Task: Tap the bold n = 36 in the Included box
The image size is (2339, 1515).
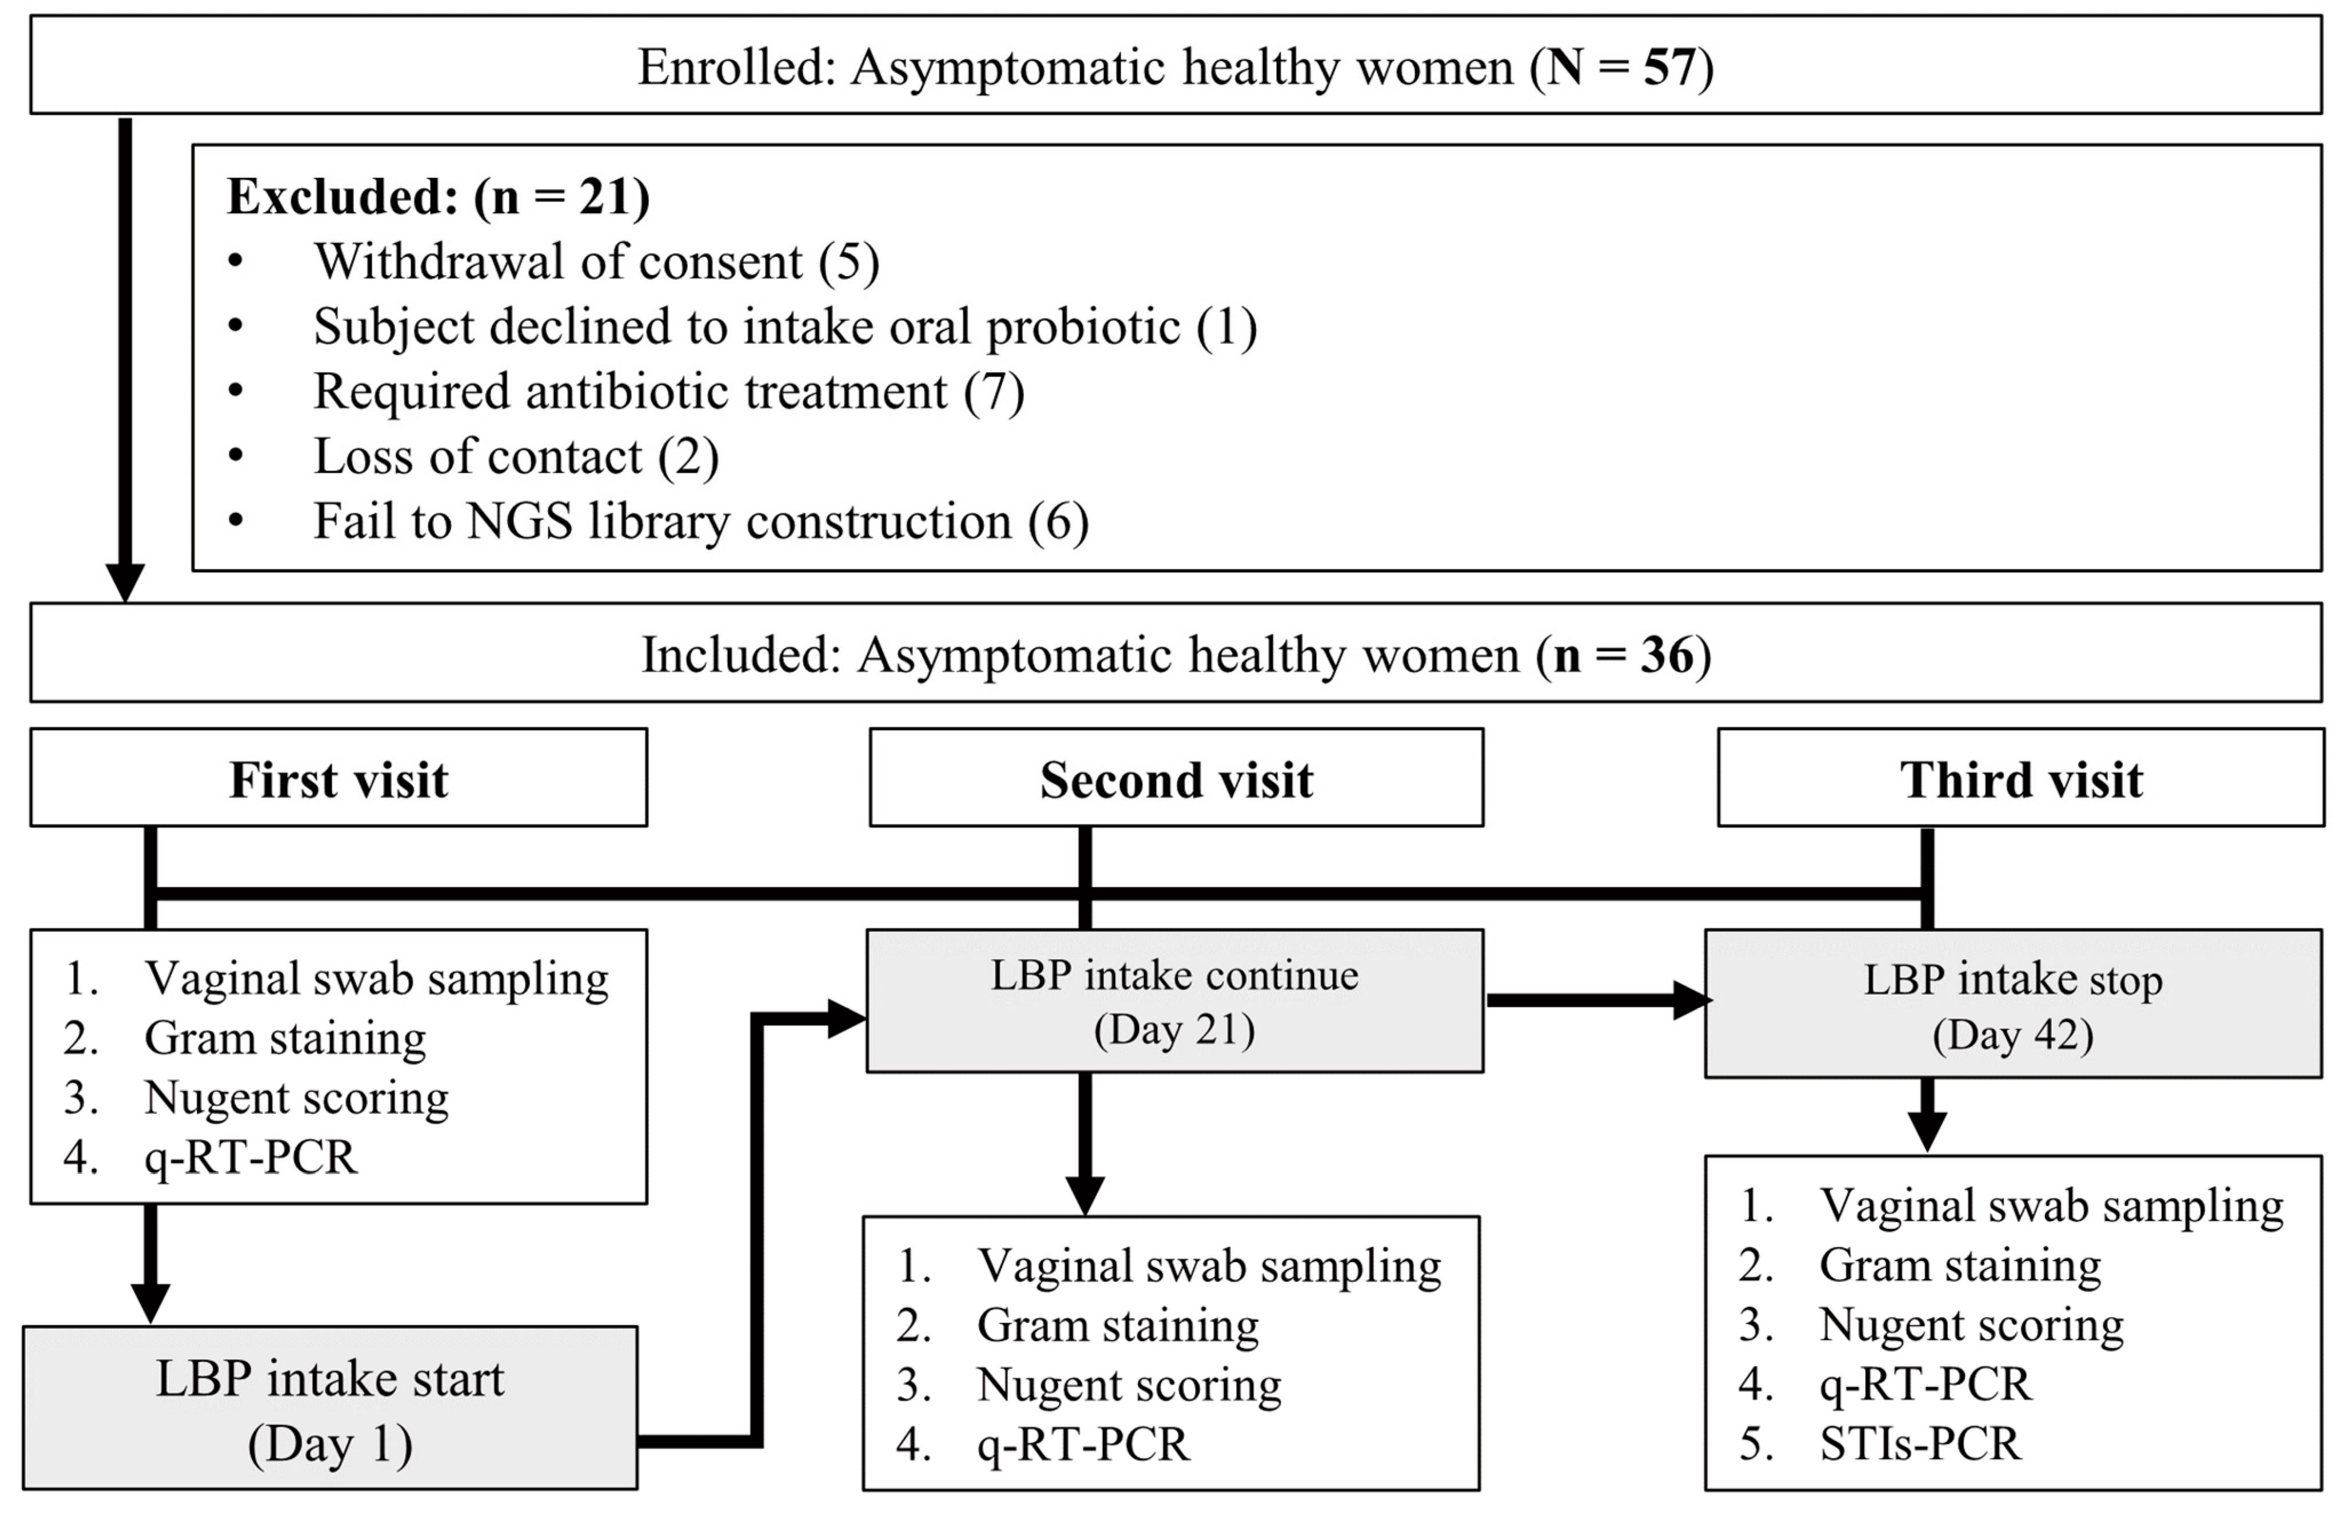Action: pyautogui.click(x=1624, y=655)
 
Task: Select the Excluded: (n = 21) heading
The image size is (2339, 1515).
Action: pyautogui.click(x=439, y=197)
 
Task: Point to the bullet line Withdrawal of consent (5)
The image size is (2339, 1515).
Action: pyautogui.click(x=596, y=261)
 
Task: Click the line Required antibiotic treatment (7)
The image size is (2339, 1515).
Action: pyautogui.click(x=668, y=391)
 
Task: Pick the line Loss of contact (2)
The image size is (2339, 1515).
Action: pyautogui.click(x=516, y=456)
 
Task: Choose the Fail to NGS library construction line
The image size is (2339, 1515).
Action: pyautogui.click(x=700, y=521)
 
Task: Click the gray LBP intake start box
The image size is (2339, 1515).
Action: pyautogui.click(x=330, y=1408)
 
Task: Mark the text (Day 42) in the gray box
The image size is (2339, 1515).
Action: pyautogui.click(x=2013, y=1034)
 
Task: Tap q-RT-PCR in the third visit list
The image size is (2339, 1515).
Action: pyautogui.click(x=1924, y=1383)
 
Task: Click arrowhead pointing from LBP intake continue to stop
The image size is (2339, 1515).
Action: pyautogui.click(x=1692, y=1001)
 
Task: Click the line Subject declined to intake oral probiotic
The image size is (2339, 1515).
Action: pyautogui.click(x=784, y=326)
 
